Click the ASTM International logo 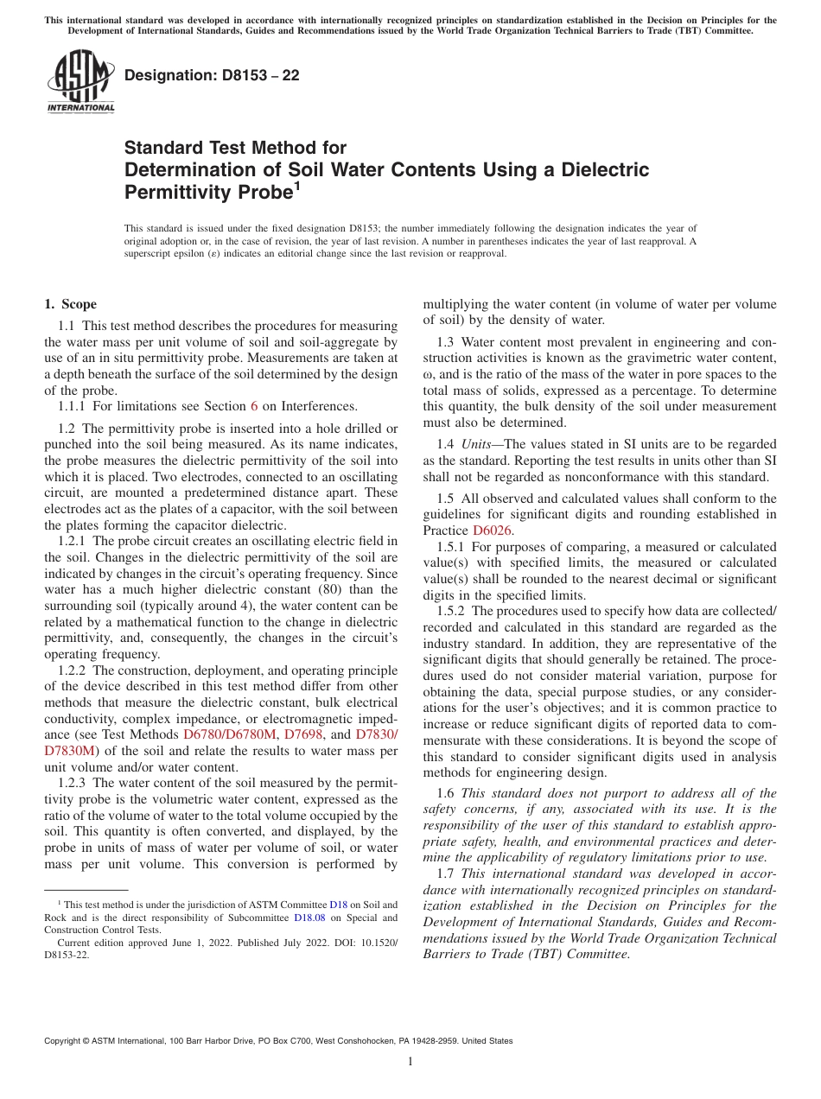coord(80,82)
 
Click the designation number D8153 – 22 coord(212,75)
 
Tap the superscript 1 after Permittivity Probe coord(297,186)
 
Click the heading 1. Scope coord(71,304)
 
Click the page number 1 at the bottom coord(410,1062)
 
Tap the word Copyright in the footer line coord(63,1041)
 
